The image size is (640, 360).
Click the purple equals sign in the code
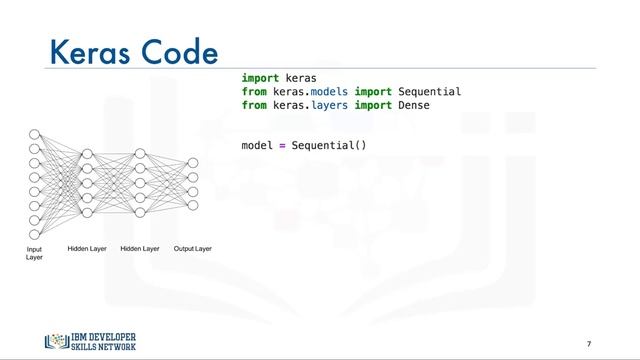coord(282,146)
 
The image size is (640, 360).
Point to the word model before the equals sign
coord(257,146)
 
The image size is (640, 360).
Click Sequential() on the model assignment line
coord(330,146)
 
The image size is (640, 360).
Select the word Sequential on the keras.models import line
coord(429,92)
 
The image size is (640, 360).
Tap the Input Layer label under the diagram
coord(34,253)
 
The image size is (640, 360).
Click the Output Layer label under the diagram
coord(193,248)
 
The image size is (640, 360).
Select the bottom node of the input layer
coord(34,235)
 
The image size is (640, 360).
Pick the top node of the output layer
coord(193,162)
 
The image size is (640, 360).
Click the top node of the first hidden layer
coord(87,155)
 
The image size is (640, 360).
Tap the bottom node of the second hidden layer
coord(140,212)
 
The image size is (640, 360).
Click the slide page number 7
coord(589,343)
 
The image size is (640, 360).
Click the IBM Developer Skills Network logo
coord(90,340)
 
